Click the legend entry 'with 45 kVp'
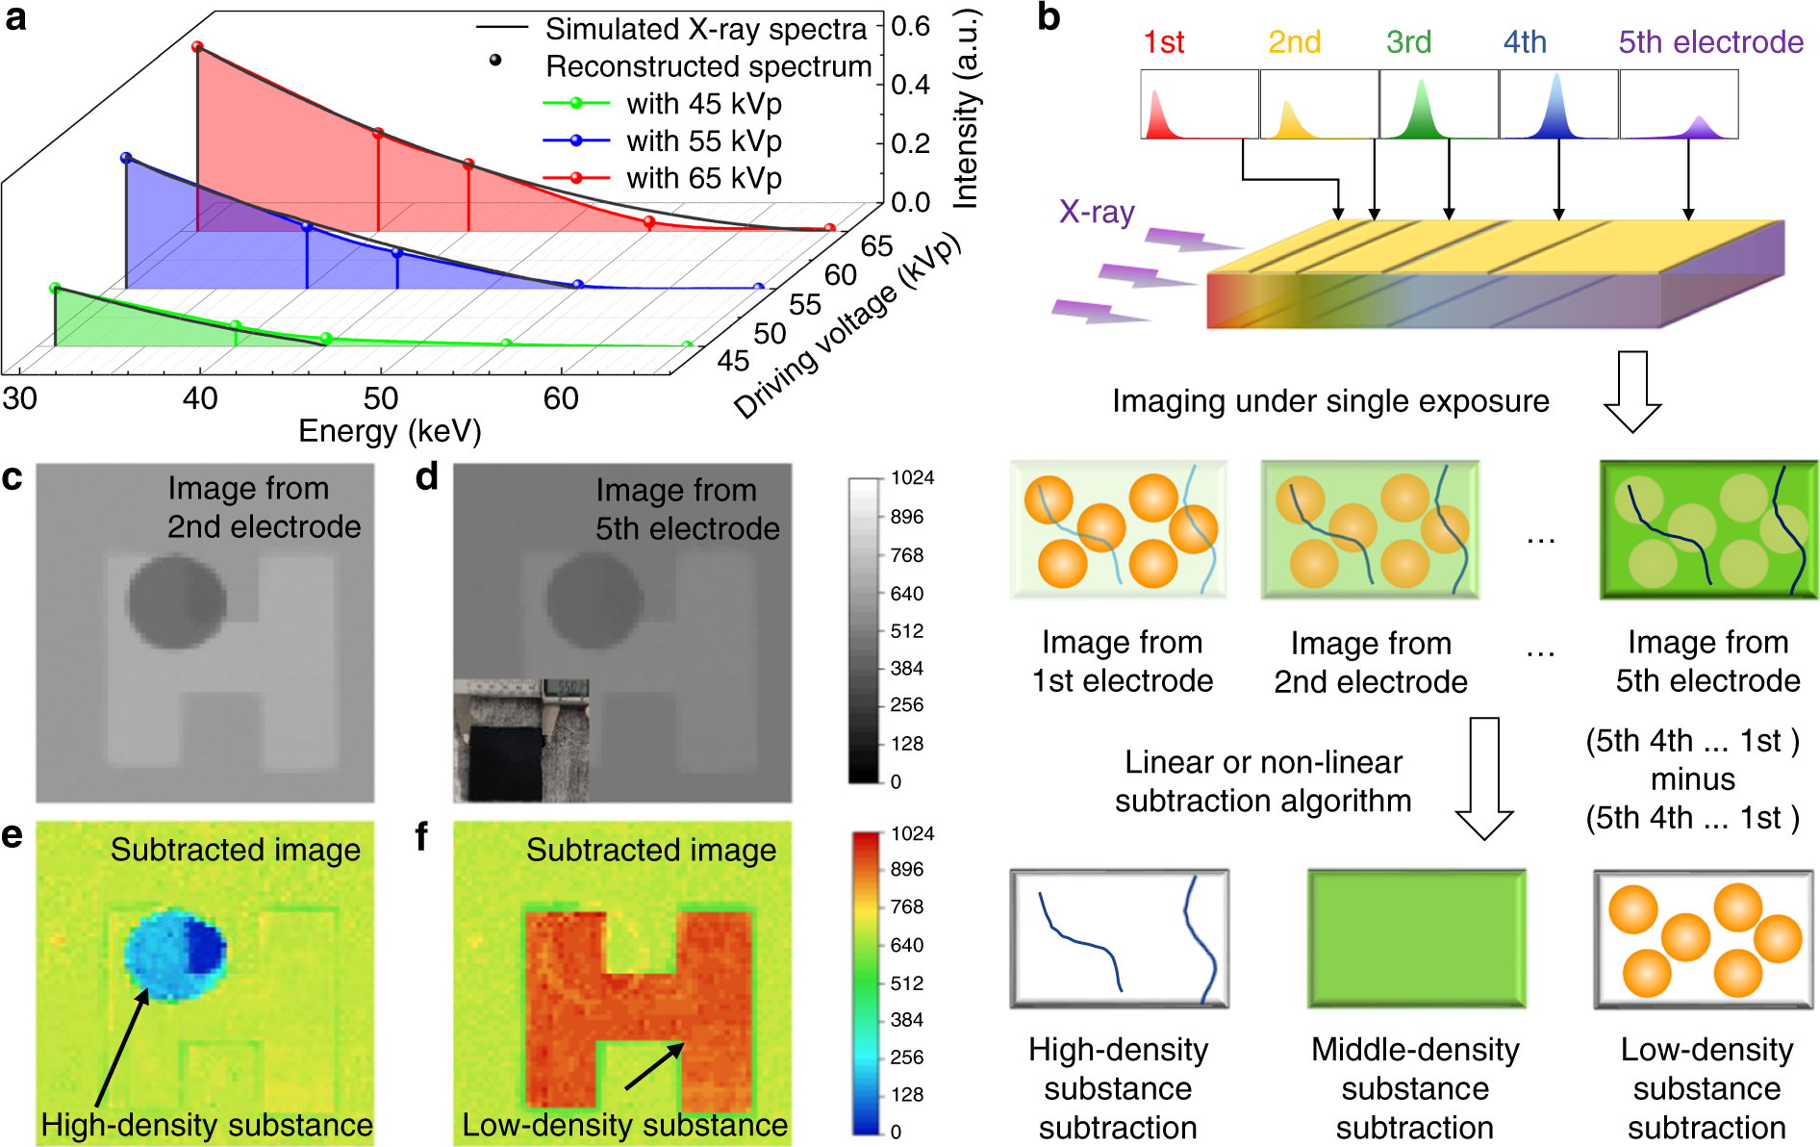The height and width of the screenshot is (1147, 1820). pyautogui.click(x=703, y=104)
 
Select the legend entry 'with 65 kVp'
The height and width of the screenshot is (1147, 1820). pyautogui.click(x=703, y=179)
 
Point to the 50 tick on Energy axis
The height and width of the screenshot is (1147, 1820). pyautogui.click(x=380, y=398)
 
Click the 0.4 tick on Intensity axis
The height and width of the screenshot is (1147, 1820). pyautogui.click(x=909, y=85)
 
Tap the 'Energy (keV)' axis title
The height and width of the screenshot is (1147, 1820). pyautogui.click(x=390, y=431)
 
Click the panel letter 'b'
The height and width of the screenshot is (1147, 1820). pyautogui.click(x=1049, y=17)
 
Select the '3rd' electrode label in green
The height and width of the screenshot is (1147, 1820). pyautogui.click(x=1408, y=42)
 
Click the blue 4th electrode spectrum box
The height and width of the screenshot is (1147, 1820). pyautogui.click(x=1557, y=104)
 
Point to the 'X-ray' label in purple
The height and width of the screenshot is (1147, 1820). pyautogui.click(x=1097, y=212)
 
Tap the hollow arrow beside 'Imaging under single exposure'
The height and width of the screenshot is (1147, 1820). pyautogui.click(x=1632, y=391)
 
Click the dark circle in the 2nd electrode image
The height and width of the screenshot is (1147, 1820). pyautogui.click(x=176, y=600)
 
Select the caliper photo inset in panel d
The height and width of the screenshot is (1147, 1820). pyautogui.click(x=521, y=739)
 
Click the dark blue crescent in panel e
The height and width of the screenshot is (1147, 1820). pyautogui.click(x=206, y=947)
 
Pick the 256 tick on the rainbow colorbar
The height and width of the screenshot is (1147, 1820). pyautogui.click(x=906, y=1058)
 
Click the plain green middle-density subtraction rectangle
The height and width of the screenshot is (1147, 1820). pyautogui.click(x=1415, y=938)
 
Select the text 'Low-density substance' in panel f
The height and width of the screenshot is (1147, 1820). pyautogui.click(x=625, y=1125)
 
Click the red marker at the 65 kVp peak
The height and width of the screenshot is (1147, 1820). pyautogui.click(x=197, y=46)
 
